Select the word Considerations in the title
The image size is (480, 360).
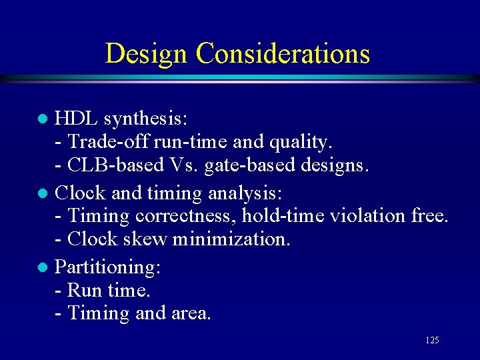pos(283,53)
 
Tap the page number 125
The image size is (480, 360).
pos(432,341)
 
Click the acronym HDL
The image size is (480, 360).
pos(77,119)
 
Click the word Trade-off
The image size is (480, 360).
pos(109,142)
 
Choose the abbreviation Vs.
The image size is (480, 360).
pos(181,165)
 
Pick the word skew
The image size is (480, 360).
pos(146,239)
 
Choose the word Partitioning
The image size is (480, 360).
pos(107,267)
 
